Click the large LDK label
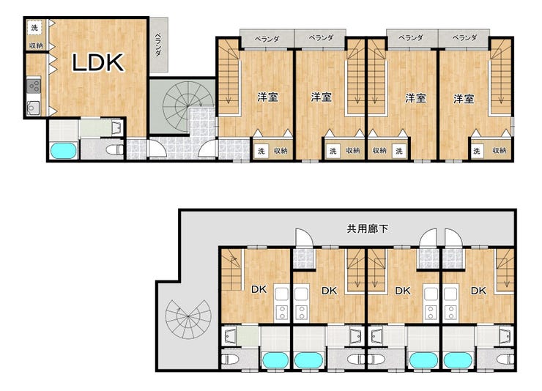tap(98, 62)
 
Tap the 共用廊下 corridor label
tap(367, 228)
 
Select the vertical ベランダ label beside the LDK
tap(158, 45)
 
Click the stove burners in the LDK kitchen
tap(34, 86)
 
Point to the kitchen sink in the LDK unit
tap(34, 108)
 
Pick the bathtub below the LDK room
tap(63, 151)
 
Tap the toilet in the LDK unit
tap(115, 150)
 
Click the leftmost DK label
tap(259, 289)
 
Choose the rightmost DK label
tap(478, 291)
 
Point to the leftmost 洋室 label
tap(267, 97)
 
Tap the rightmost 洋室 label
tap(464, 99)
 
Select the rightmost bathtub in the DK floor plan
tap(458, 360)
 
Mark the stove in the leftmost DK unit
tap(282, 312)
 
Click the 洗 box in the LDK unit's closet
tap(34, 27)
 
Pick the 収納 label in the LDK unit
tap(36, 45)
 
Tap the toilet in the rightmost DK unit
tap(505, 359)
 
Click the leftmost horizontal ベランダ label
tap(267, 38)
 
